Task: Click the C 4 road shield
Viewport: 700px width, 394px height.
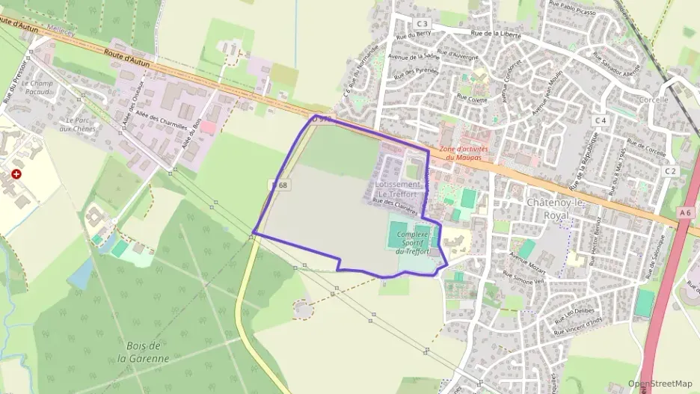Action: pos(600,120)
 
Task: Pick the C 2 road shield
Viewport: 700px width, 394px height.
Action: pos(669,171)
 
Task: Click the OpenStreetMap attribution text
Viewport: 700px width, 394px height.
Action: pos(660,384)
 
